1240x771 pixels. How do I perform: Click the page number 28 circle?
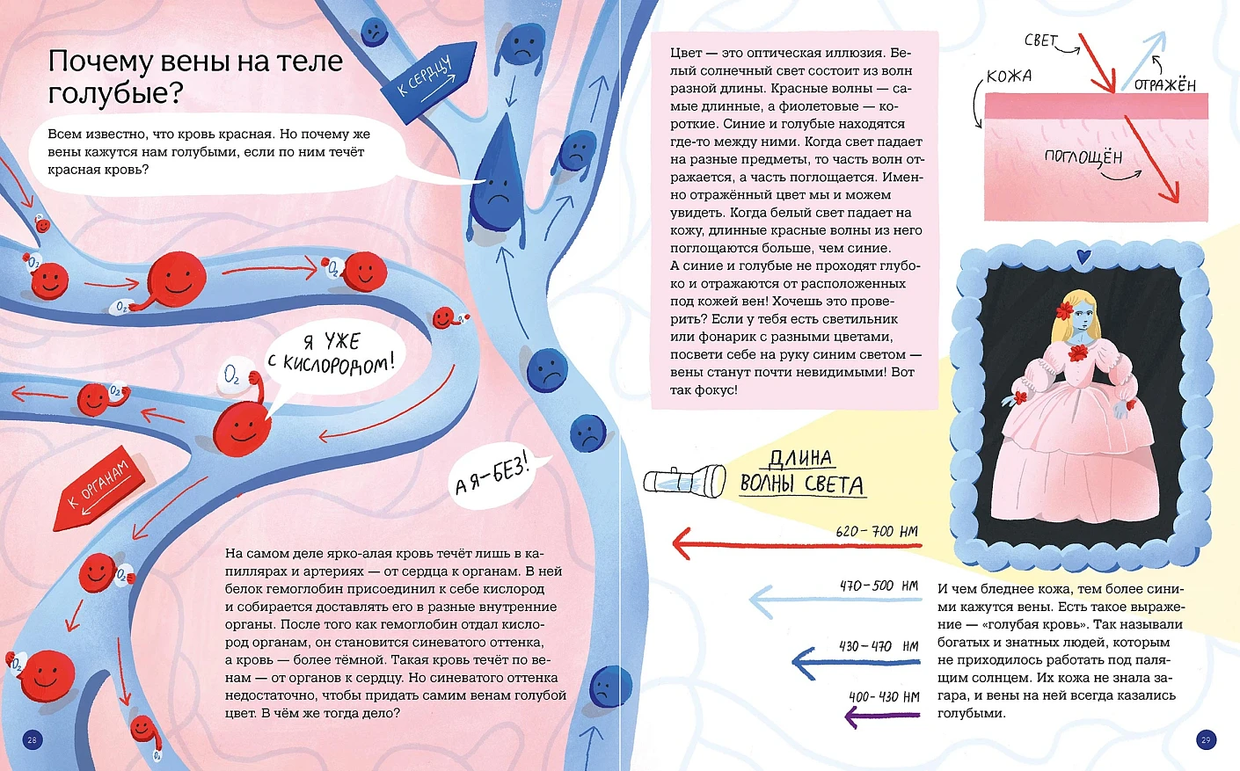point(33,739)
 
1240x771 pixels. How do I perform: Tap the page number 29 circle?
point(1207,739)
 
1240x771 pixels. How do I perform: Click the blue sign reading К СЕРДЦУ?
point(428,82)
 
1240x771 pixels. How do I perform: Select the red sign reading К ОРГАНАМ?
point(98,490)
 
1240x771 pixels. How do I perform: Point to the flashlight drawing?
point(685,480)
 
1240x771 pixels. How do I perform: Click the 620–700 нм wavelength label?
point(876,531)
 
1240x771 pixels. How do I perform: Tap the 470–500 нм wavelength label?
point(879,586)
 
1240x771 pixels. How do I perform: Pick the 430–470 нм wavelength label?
point(879,646)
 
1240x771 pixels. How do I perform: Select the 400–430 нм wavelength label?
point(884,696)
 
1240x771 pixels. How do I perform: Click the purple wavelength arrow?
point(882,716)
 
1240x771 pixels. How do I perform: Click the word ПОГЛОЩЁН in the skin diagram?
point(1083,157)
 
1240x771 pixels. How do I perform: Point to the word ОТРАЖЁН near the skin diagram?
point(1164,84)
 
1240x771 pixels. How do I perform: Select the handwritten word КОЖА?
point(1010,76)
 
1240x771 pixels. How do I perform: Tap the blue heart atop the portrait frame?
point(1083,256)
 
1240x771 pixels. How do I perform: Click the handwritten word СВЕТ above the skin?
point(1040,40)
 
